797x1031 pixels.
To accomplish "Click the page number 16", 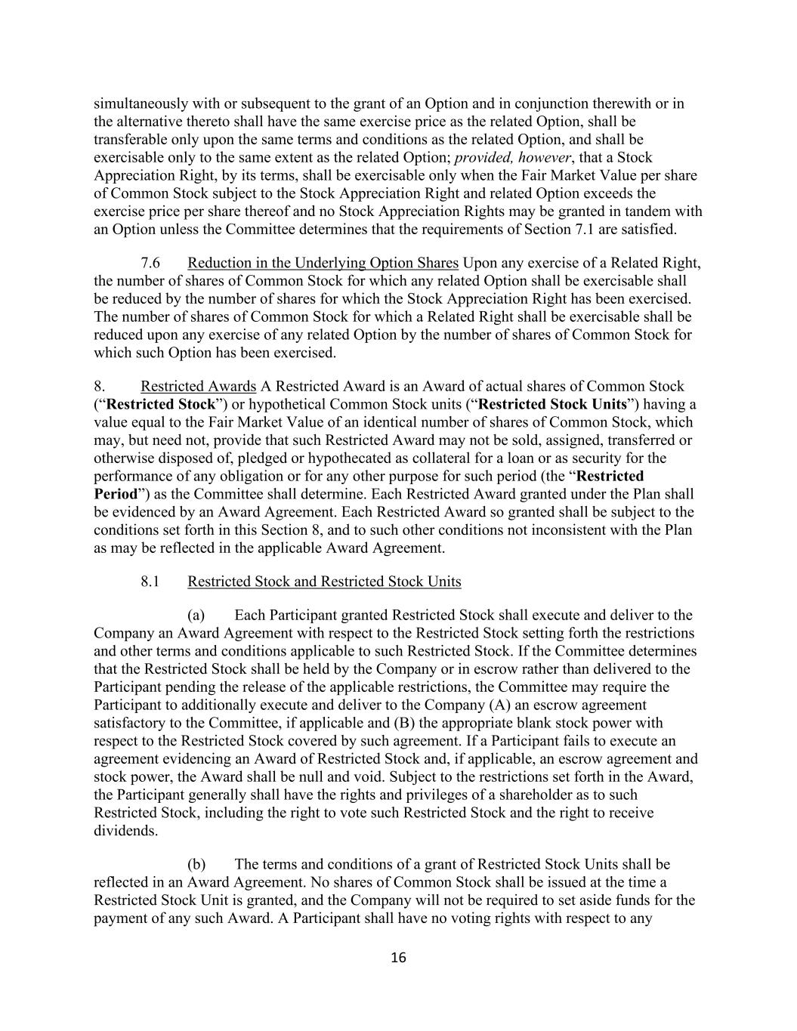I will coord(398,958).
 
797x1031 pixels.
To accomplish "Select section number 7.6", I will coord(150,263).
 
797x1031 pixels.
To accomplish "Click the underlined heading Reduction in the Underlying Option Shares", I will coord(323,263).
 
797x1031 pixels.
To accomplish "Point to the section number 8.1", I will coord(150,582).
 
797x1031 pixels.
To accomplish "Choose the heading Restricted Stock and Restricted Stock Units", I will coord(324,582).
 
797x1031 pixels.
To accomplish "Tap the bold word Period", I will coord(115,494).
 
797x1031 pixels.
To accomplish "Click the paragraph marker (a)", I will coord(196,615).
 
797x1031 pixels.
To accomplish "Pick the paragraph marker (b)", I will coord(196,863).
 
